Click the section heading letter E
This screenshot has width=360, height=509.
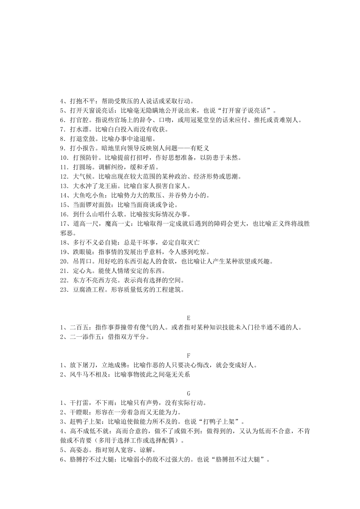[189, 319]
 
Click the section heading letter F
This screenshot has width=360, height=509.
[189, 356]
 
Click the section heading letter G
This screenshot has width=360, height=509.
[189, 394]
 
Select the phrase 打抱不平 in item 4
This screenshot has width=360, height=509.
[82, 101]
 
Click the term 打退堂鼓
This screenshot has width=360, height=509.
[82, 139]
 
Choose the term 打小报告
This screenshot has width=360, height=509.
[82, 148]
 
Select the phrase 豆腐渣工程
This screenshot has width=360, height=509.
[88, 290]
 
